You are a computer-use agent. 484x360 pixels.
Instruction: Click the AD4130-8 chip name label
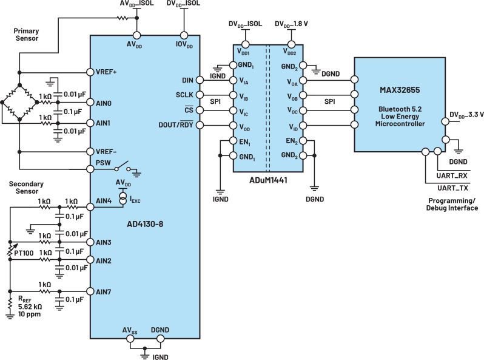tap(145, 224)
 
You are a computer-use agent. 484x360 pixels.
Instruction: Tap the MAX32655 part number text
tap(400, 90)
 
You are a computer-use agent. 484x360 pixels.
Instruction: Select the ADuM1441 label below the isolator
tap(268, 180)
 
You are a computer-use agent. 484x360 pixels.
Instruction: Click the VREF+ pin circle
tap(90, 72)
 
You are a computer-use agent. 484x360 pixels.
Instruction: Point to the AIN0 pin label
tap(103, 103)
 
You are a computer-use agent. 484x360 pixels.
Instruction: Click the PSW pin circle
tap(90, 169)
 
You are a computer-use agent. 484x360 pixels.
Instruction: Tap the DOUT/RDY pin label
tap(176, 124)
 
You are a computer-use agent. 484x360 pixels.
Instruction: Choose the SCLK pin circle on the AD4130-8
tap(200, 95)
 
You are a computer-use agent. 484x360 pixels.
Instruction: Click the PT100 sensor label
tap(24, 253)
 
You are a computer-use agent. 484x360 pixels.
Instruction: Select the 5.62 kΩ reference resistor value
tap(30, 307)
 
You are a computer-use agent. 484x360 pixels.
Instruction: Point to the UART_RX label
tap(452, 175)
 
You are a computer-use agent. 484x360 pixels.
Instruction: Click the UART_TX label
tap(452, 188)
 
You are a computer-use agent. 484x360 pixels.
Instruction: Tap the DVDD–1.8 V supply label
tap(291, 24)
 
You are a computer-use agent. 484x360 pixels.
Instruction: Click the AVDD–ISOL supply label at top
tap(136, 4)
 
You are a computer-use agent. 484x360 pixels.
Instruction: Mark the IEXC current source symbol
tap(123, 198)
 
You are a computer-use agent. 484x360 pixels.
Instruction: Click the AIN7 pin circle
tap(90, 291)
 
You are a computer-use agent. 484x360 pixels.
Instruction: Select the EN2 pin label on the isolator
tap(292, 141)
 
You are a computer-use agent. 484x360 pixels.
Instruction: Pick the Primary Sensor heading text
tap(27, 35)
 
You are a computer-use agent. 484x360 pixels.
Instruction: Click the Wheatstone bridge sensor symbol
tap(19, 102)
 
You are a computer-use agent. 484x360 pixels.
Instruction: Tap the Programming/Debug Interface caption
tap(452, 204)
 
